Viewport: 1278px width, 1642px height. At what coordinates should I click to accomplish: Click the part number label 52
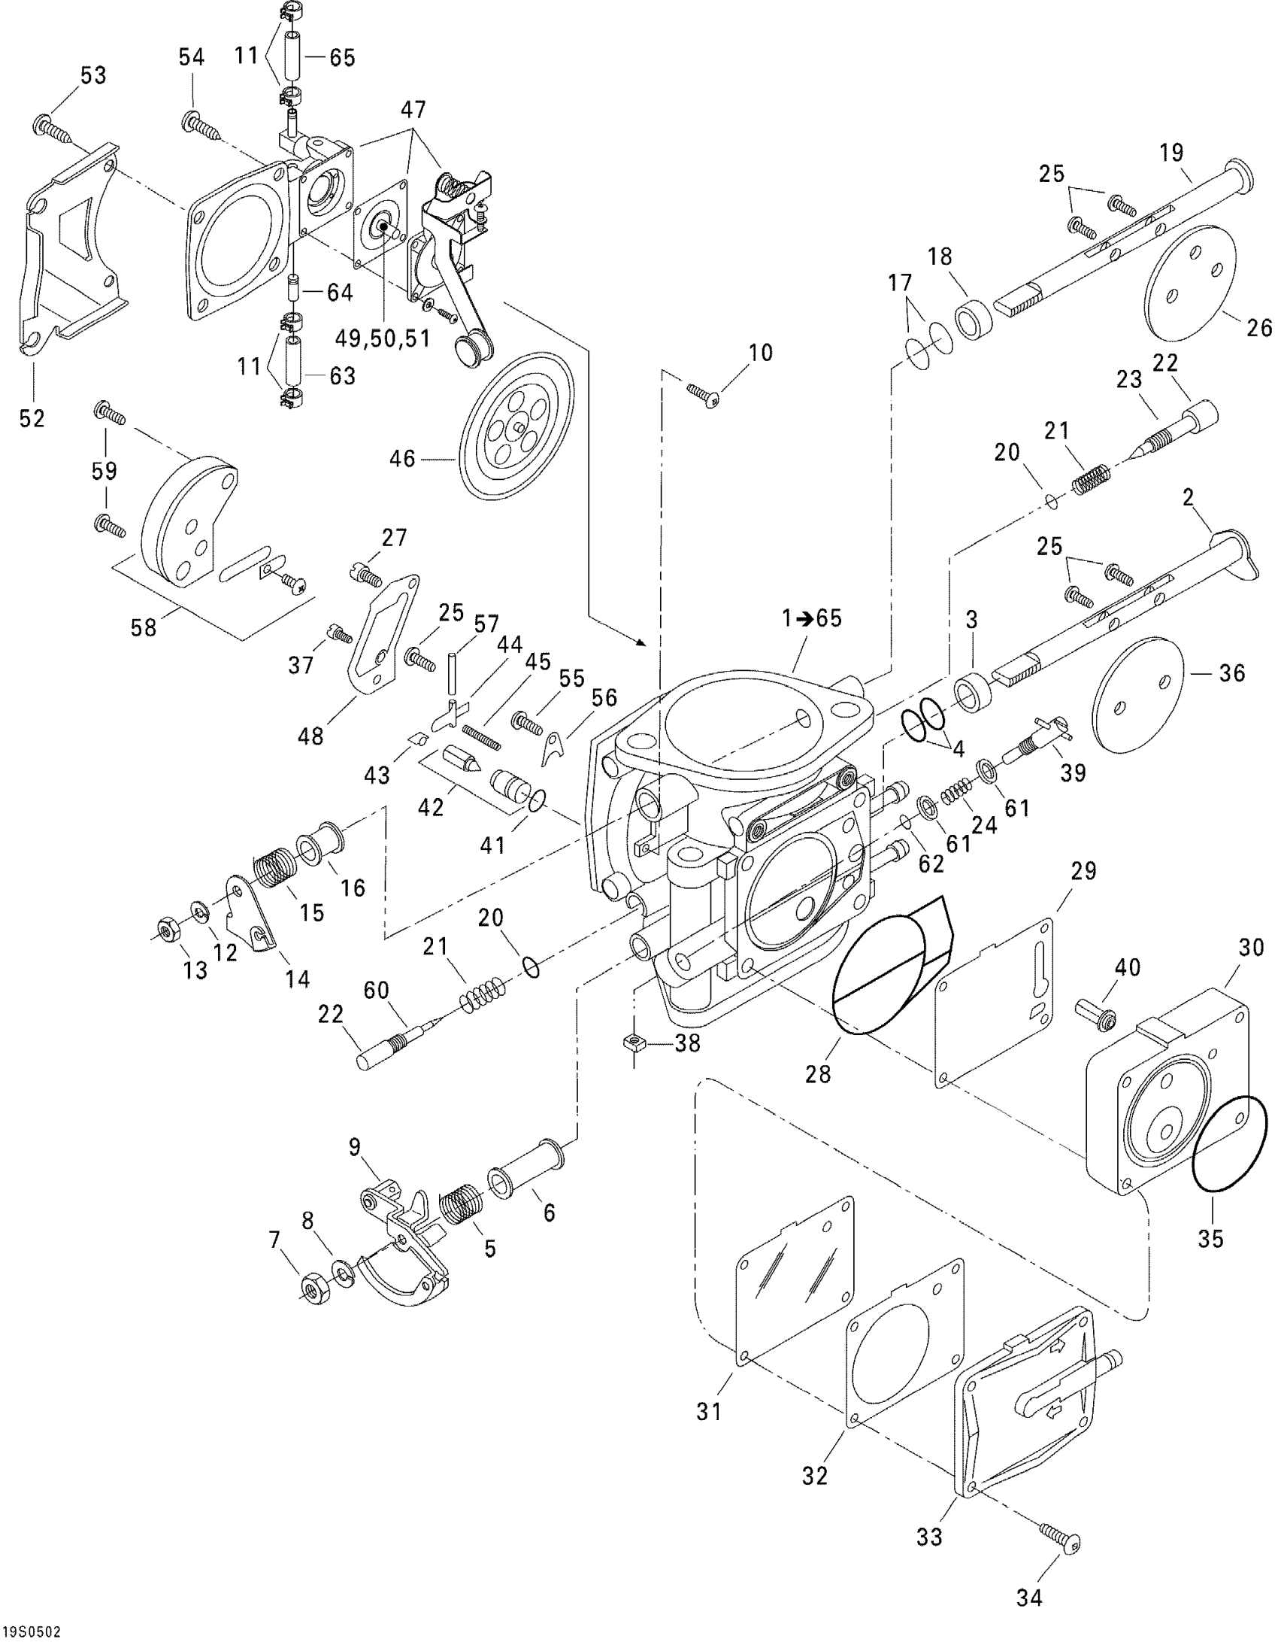pyautogui.click(x=32, y=419)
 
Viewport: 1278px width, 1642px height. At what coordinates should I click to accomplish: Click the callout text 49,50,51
pyautogui.click(x=383, y=338)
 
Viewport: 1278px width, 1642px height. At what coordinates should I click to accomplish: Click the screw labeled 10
pyautogui.click(x=703, y=394)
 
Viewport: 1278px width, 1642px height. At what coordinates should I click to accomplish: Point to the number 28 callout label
pyautogui.click(x=818, y=1073)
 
